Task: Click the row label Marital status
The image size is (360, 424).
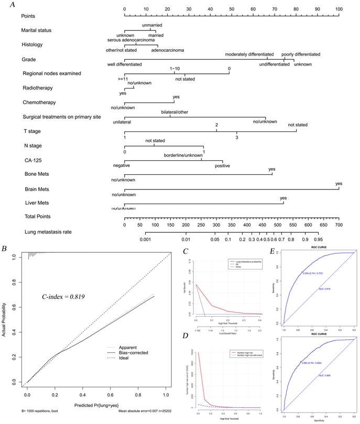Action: (39, 30)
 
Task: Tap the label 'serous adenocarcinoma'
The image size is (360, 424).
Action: (130, 40)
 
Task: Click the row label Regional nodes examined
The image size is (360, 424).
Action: (52, 73)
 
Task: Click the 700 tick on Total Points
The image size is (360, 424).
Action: (339, 225)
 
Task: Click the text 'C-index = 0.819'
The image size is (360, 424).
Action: (63, 297)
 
